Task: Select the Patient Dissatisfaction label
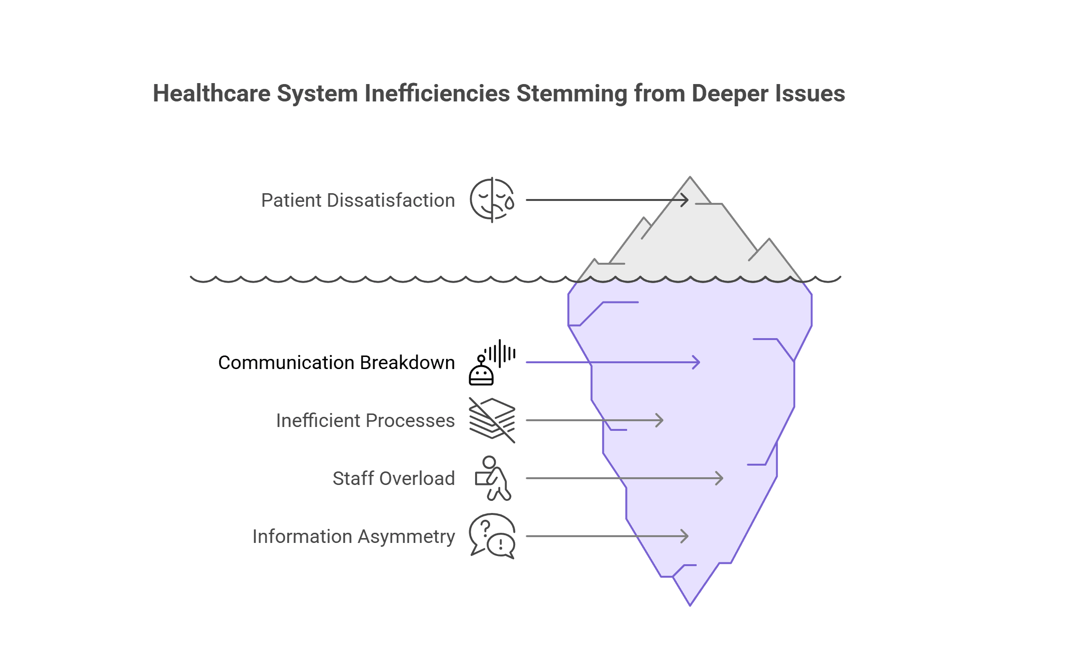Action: (x=358, y=200)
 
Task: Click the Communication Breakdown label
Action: (x=336, y=363)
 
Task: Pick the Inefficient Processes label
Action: (x=365, y=421)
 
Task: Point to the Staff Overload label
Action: (x=393, y=479)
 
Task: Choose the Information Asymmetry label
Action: (x=353, y=537)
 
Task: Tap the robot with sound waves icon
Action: (x=492, y=363)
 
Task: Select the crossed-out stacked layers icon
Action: (x=492, y=420)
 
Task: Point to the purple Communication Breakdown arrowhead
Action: (x=697, y=362)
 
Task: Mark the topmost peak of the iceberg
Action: (x=690, y=178)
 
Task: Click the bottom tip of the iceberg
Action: (x=690, y=604)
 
